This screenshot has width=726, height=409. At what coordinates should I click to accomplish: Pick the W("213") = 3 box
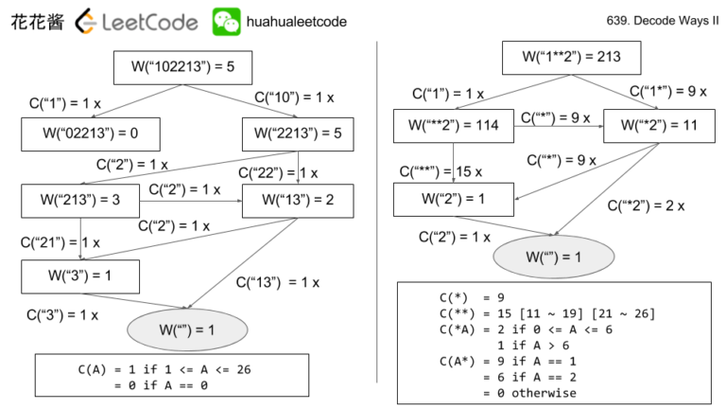click(x=79, y=200)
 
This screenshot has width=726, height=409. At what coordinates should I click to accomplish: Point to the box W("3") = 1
click(x=79, y=276)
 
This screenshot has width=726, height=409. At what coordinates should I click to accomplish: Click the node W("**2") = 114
click(x=454, y=125)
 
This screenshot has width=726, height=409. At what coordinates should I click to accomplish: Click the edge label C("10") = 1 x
click(x=294, y=98)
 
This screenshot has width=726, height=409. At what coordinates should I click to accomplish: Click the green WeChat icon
click(x=226, y=21)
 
